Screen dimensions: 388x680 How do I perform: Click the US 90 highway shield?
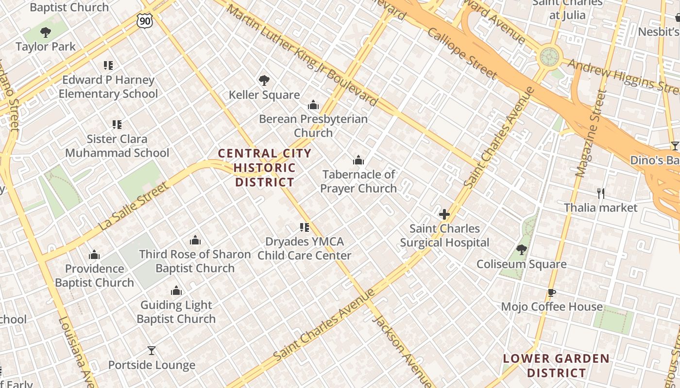tap(145, 20)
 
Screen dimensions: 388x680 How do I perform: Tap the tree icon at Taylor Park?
tap(46, 32)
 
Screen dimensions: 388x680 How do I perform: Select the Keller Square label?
tap(264, 95)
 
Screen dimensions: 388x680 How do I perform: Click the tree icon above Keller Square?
tap(264, 80)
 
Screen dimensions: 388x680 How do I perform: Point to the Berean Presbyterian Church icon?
tap(313, 105)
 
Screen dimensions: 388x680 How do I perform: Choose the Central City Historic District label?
tap(265, 168)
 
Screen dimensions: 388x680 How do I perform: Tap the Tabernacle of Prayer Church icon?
tap(358, 160)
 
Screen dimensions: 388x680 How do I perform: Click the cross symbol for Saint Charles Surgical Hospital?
tap(444, 214)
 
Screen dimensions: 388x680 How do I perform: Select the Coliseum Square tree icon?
tap(522, 250)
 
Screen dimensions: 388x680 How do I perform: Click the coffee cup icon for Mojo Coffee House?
tap(551, 292)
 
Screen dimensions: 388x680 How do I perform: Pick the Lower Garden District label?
tap(556, 366)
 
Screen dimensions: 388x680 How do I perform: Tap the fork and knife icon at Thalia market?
tap(601, 194)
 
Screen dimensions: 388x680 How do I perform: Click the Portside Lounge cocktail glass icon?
tap(152, 351)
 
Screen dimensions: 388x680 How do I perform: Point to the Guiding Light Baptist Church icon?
tap(176, 291)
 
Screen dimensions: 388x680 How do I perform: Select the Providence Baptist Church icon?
tap(94, 255)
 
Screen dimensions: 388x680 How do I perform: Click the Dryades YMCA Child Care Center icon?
tap(305, 227)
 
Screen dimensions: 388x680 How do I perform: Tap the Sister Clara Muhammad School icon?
tap(117, 125)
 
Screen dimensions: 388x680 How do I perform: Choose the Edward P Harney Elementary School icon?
tap(108, 65)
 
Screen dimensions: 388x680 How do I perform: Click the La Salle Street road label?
tap(134, 207)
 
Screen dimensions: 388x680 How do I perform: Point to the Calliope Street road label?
tap(461, 53)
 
